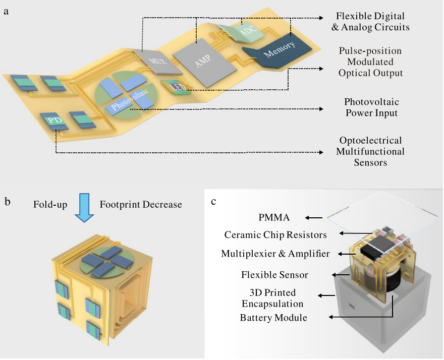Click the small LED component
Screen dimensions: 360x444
click(178, 87)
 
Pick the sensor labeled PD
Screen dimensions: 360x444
click(54, 121)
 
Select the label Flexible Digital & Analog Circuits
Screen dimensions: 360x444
click(370, 22)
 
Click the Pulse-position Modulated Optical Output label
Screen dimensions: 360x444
click(371, 62)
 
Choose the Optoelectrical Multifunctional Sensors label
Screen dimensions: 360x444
click(371, 151)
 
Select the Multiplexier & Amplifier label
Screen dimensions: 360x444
click(275, 254)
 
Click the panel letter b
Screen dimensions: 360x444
click(7, 202)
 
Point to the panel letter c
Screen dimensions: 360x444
click(213, 202)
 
